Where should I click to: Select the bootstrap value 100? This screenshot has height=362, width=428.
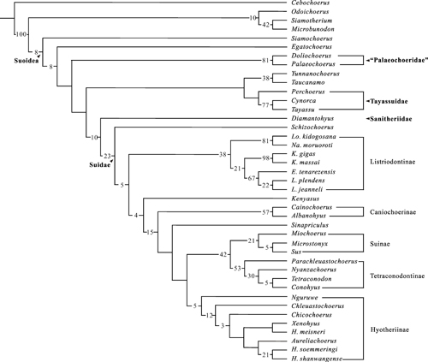21,34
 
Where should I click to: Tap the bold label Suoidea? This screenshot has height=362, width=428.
27,61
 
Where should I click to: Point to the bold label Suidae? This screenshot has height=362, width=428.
99,165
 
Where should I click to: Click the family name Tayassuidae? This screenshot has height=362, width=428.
389,102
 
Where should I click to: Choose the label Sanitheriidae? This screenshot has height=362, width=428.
391,119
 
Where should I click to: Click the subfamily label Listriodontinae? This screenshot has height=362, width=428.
392,162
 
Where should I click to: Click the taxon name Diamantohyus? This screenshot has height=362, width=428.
312,118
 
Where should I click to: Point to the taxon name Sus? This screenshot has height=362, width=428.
296,252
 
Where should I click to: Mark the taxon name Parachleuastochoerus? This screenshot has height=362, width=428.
324,261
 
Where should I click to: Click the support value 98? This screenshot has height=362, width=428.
265,158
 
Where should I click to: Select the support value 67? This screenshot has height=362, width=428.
252,178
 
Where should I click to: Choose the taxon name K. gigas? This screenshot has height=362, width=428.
303,154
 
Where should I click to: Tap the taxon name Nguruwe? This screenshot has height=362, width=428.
305,298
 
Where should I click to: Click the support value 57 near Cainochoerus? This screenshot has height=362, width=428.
265,212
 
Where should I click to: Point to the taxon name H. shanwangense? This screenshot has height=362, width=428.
317,359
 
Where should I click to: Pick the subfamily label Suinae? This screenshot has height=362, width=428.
380,244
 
